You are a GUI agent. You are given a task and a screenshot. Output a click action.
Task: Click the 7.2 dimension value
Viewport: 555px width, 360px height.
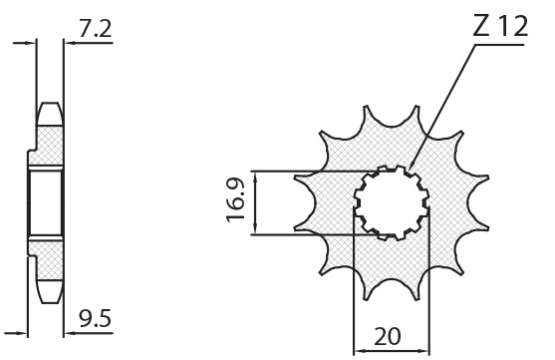(95, 29)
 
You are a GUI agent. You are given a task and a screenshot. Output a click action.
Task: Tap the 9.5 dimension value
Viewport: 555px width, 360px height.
(95, 318)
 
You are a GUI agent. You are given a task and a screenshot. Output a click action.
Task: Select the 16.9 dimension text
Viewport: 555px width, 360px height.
(236, 199)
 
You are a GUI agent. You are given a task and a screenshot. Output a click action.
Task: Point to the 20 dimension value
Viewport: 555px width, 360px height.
(388, 336)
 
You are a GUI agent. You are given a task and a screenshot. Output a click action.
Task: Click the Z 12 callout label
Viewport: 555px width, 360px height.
(500, 26)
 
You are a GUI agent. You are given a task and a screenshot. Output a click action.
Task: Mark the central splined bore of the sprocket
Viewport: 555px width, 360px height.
(392, 203)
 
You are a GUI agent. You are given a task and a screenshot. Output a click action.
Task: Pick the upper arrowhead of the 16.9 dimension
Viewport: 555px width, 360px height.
(255, 178)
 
